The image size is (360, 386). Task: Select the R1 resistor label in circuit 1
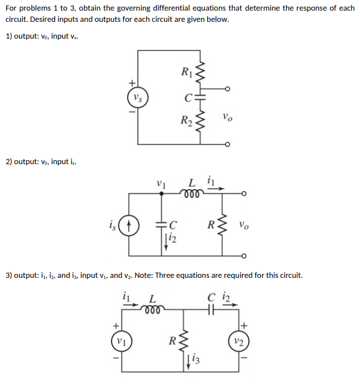(186, 71)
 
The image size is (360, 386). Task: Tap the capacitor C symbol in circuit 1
(201, 97)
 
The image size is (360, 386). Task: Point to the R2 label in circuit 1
(186, 120)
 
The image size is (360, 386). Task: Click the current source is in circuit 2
(129, 227)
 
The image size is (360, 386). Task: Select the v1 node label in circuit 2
(162, 183)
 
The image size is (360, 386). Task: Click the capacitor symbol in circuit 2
(162, 225)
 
